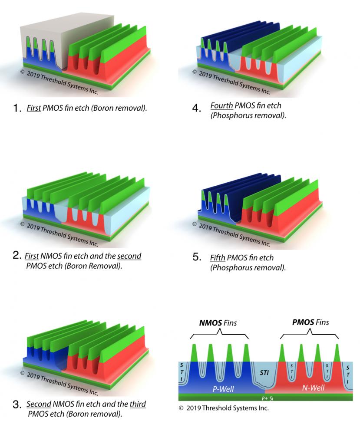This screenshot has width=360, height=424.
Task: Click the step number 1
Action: click(17, 109)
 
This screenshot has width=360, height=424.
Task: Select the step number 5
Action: click(196, 258)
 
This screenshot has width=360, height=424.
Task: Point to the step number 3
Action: click(17, 405)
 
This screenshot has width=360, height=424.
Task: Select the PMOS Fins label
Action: click(310, 322)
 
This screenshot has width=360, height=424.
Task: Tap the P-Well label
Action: click(223, 389)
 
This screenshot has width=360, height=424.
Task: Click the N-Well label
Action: click(313, 388)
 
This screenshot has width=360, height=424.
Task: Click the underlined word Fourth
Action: click(221, 105)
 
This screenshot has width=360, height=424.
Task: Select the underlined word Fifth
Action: click(218, 258)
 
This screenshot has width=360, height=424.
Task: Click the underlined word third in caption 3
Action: click(138, 404)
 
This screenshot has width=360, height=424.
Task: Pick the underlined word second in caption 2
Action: click(129, 256)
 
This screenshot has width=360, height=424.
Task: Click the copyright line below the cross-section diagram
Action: click(224, 408)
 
